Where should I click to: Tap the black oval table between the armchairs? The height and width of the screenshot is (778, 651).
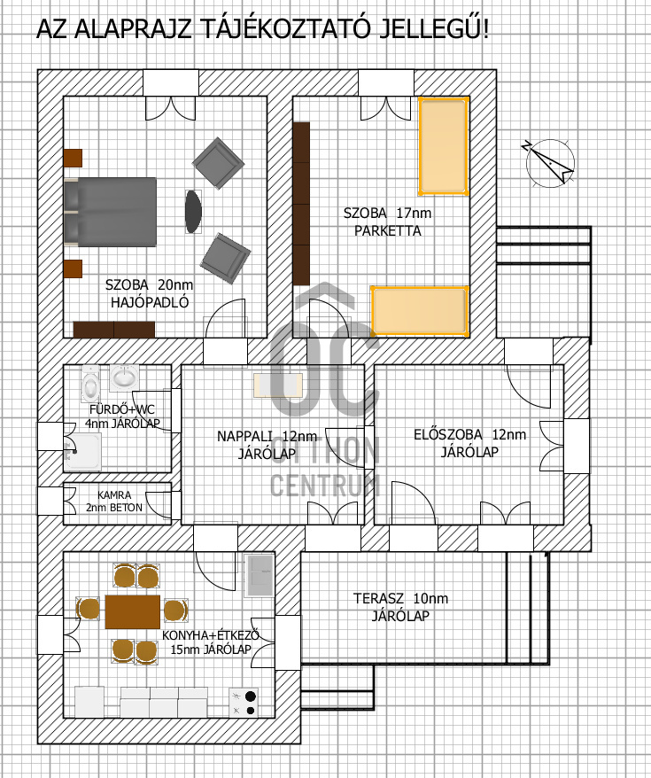pyautogui.click(x=193, y=212)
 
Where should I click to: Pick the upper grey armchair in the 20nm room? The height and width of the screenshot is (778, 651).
pyautogui.click(x=218, y=162)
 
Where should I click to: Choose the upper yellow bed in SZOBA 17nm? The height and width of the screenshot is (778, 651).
pyautogui.click(x=443, y=147)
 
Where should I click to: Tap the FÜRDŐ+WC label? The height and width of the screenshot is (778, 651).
pyautogui.click(x=119, y=408)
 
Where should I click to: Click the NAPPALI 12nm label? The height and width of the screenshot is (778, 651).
pyautogui.click(x=266, y=436)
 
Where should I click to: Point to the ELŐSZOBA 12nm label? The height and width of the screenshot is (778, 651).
pyautogui.click(x=469, y=434)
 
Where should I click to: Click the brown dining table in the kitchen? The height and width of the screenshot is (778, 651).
pyautogui.click(x=132, y=611)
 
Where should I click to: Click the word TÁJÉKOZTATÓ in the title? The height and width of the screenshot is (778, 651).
pyautogui.click(x=289, y=30)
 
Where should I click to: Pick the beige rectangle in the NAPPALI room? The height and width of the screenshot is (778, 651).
pyautogui.click(x=279, y=385)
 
